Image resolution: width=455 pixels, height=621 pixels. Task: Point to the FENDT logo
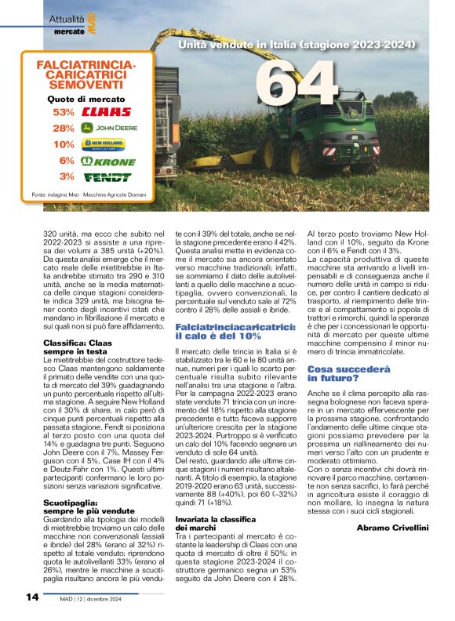click(x=107, y=176)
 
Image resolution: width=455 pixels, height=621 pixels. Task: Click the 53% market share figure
click(x=64, y=112)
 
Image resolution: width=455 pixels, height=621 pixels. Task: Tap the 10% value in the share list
click(x=64, y=144)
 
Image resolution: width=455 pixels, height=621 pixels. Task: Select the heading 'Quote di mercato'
click(x=86, y=99)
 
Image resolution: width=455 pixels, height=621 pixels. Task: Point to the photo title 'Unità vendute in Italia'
click(x=297, y=46)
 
